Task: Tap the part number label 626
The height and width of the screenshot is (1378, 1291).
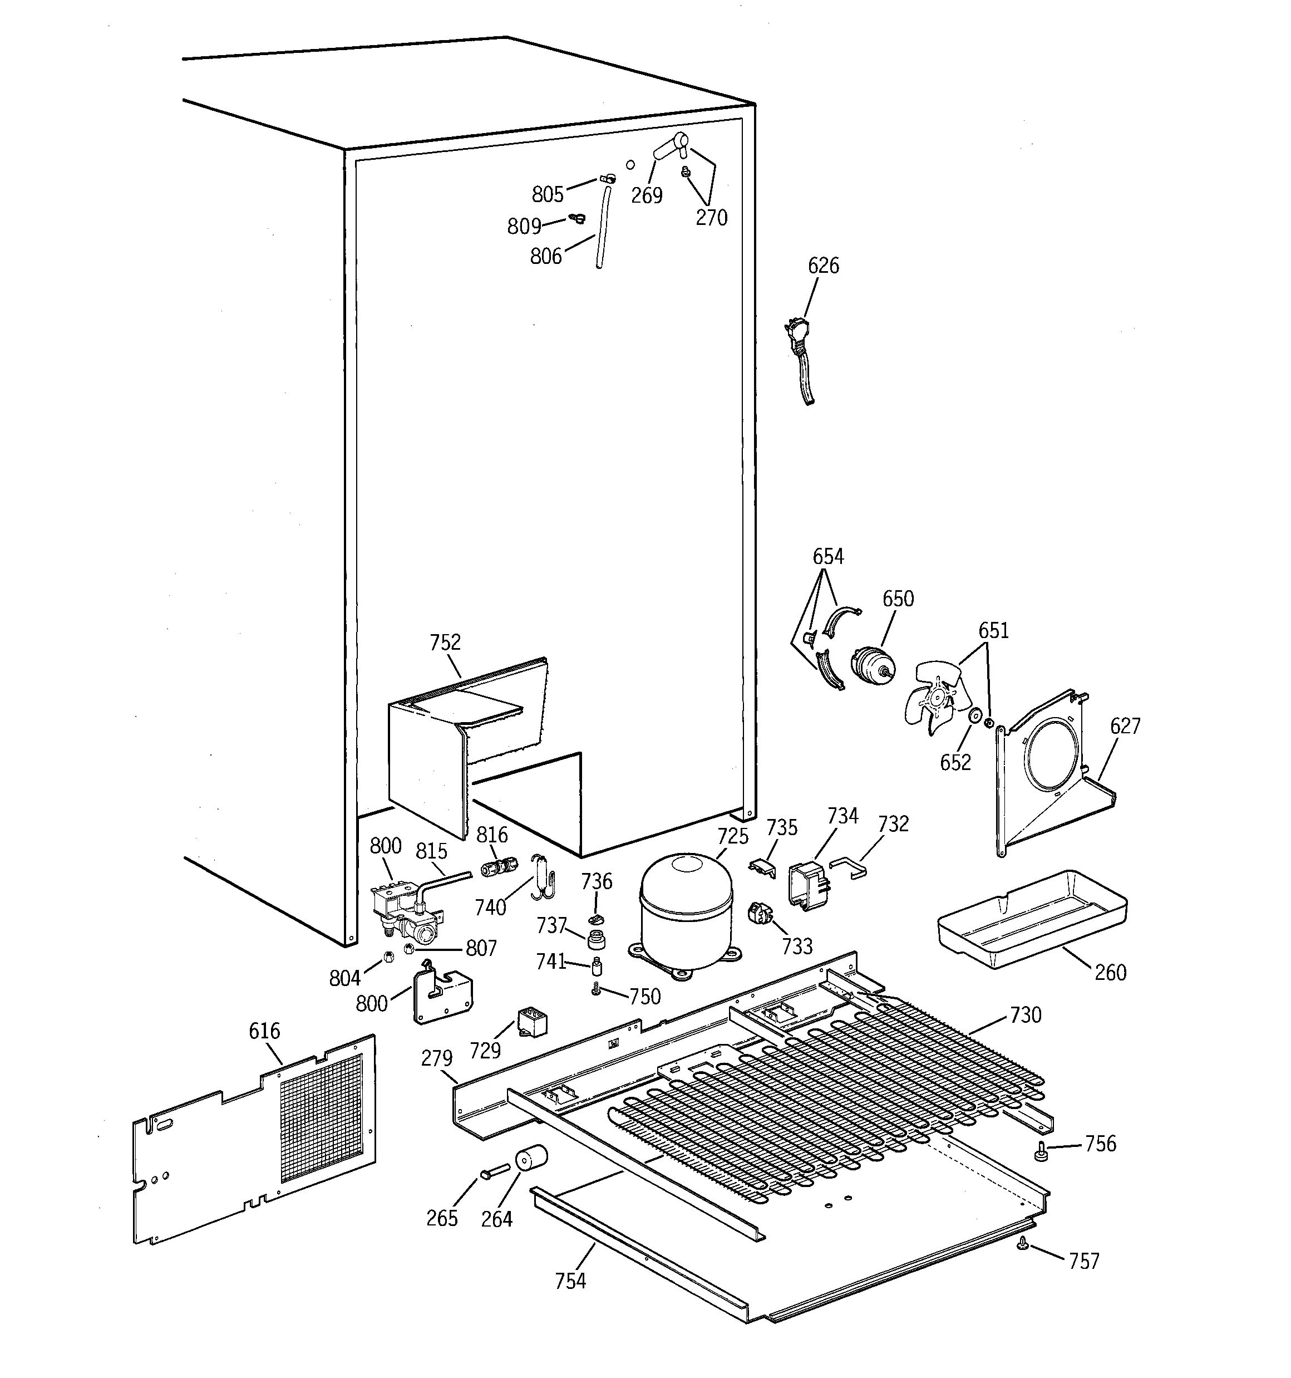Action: pyautogui.click(x=822, y=266)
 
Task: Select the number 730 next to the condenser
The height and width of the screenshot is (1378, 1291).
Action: pyautogui.click(x=1025, y=1015)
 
